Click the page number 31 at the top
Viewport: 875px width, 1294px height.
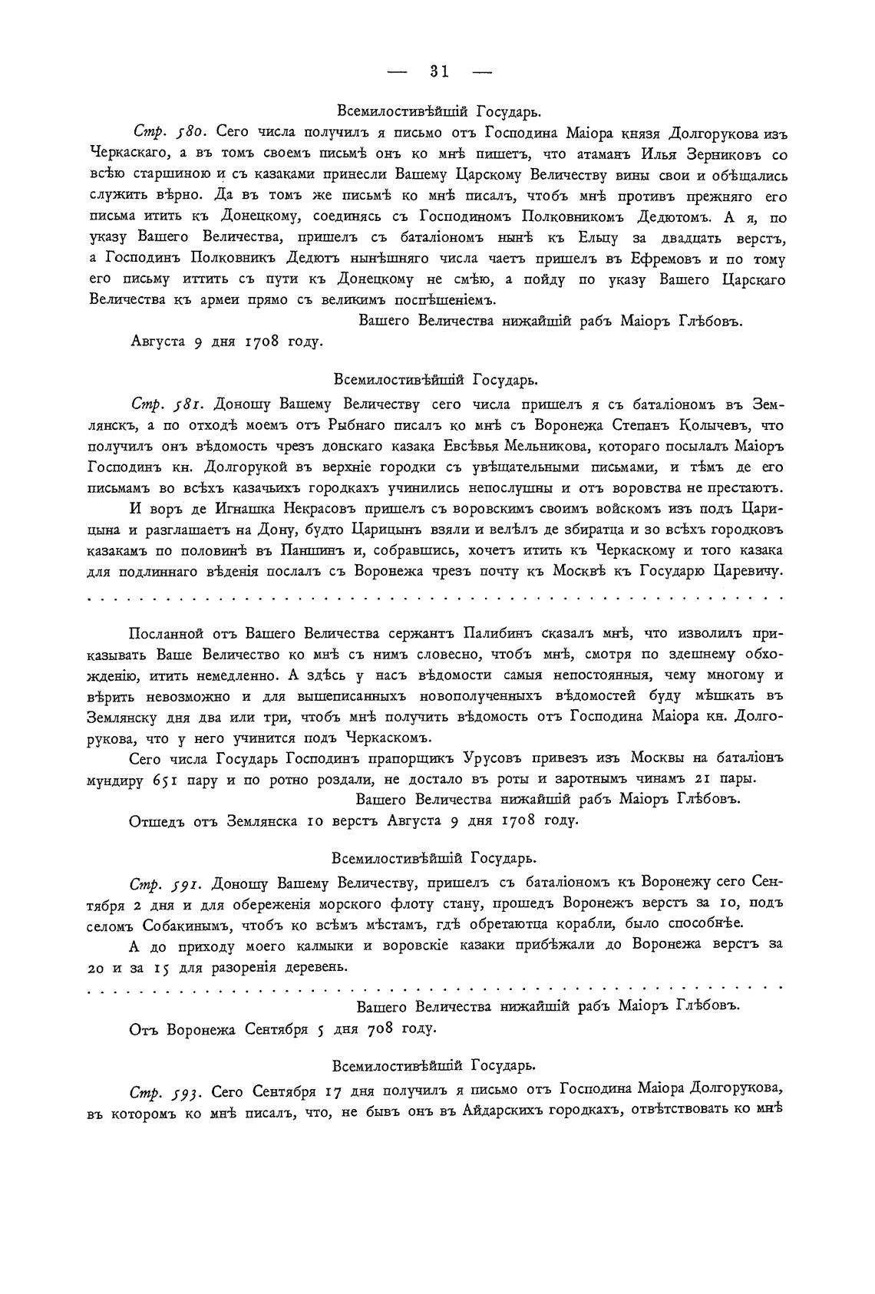tap(439, 71)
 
